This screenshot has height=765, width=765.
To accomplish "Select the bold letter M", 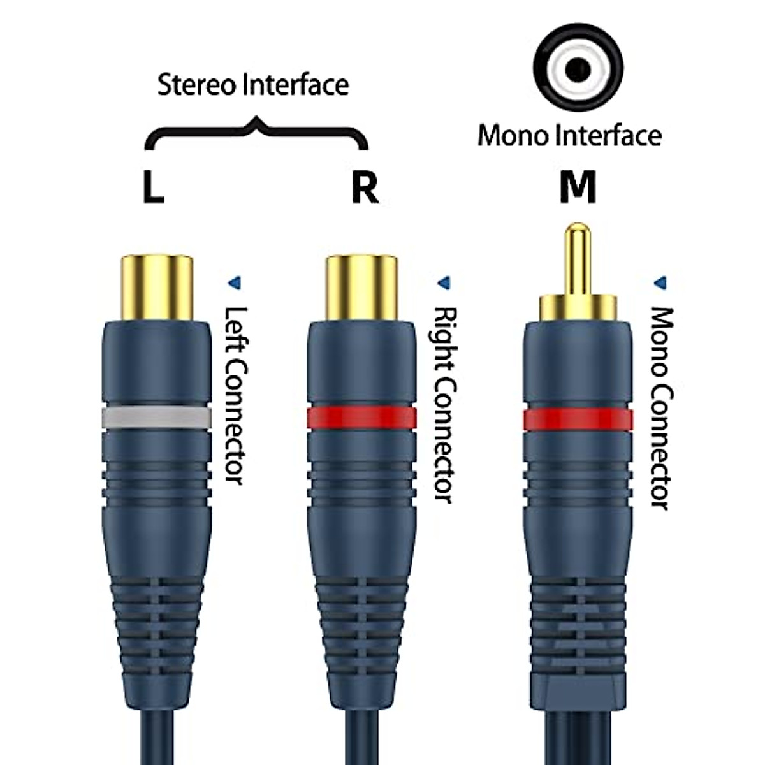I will [577, 187].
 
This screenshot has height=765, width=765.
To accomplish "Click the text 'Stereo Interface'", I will [253, 85].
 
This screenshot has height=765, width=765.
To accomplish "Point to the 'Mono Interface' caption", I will [569, 135].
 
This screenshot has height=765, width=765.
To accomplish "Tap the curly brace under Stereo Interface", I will [256, 131].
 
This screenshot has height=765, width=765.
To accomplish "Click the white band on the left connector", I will [156, 418].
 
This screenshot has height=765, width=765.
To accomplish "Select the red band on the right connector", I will [361, 418].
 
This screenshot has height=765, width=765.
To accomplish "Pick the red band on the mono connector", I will [578, 419].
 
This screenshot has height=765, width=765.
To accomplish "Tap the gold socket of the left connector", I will [156, 287].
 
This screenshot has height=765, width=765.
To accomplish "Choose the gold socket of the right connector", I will [361, 287].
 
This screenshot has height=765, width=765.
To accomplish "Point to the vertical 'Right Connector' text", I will [444, 405].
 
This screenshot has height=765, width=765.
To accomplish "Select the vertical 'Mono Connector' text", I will [661, 408].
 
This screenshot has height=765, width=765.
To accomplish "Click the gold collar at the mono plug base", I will [578, 307].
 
